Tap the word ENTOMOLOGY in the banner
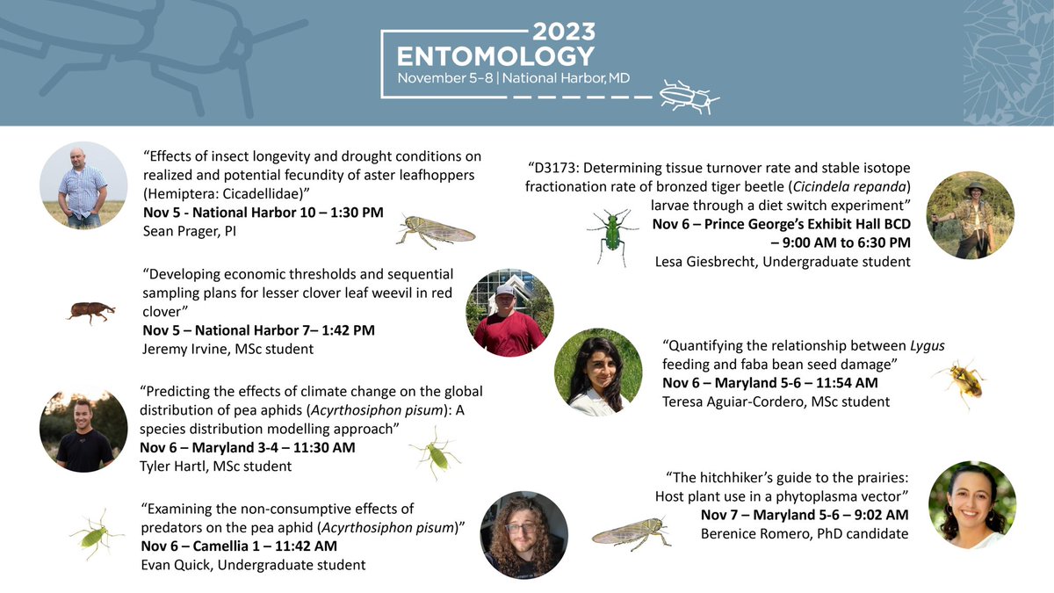tap(495, 57)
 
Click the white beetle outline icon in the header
tap(689, 96)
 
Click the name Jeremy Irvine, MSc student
tap(227, 349)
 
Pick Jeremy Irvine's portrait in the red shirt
tap(510, 313)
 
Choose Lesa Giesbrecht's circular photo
tap(970, 215)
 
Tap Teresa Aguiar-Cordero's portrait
tap(598, 372)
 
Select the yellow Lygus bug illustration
tap(960, 380)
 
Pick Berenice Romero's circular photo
tap(971, 504)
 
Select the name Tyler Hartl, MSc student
tap(216, 466)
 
